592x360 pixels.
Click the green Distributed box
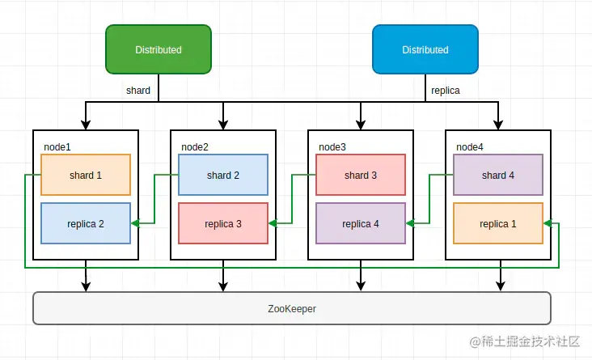click(x=159, y=49)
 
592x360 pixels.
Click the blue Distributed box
click(x=425, y=49)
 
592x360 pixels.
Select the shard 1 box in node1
click(x=86, y=175)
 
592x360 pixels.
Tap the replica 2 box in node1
click(x=86, y=223)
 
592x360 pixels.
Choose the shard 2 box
click(x=223, y=175)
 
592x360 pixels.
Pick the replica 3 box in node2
click(x=223, y=223)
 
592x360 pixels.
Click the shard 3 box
click(x=361, y=175)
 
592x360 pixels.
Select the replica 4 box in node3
click(x=361, y=223)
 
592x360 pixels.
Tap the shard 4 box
click(x=498, y=175)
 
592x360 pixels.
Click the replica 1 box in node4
click(x=498, y=223)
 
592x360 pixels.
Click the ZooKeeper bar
click(x=292, y=308)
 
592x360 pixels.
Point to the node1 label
click(x=57, y=147)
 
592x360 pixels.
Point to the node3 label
click(x=332, y=147)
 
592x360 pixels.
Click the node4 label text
click(x=470, y=147)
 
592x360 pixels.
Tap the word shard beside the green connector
click(x=138, y=91)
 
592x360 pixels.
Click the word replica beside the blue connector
click(x=446, y=91)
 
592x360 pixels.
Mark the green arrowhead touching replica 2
click(x=135, y=223)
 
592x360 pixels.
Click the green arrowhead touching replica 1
click(x=548, y=223)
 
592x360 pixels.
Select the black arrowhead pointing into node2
click(x=223, y=125)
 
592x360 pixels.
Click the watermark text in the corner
click(x=525, y=341)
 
